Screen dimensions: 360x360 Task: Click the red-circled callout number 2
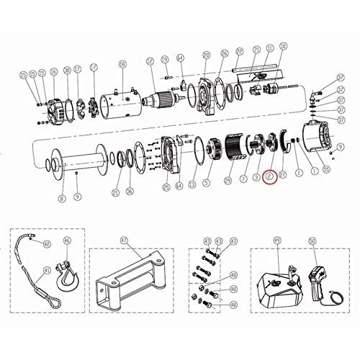[x=269, y=175]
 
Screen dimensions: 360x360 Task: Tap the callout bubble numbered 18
[x=122, y=65]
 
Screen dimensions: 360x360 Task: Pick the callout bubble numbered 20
[x=206, y=55]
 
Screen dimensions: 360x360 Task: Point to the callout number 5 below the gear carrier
[x=207, y=183]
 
